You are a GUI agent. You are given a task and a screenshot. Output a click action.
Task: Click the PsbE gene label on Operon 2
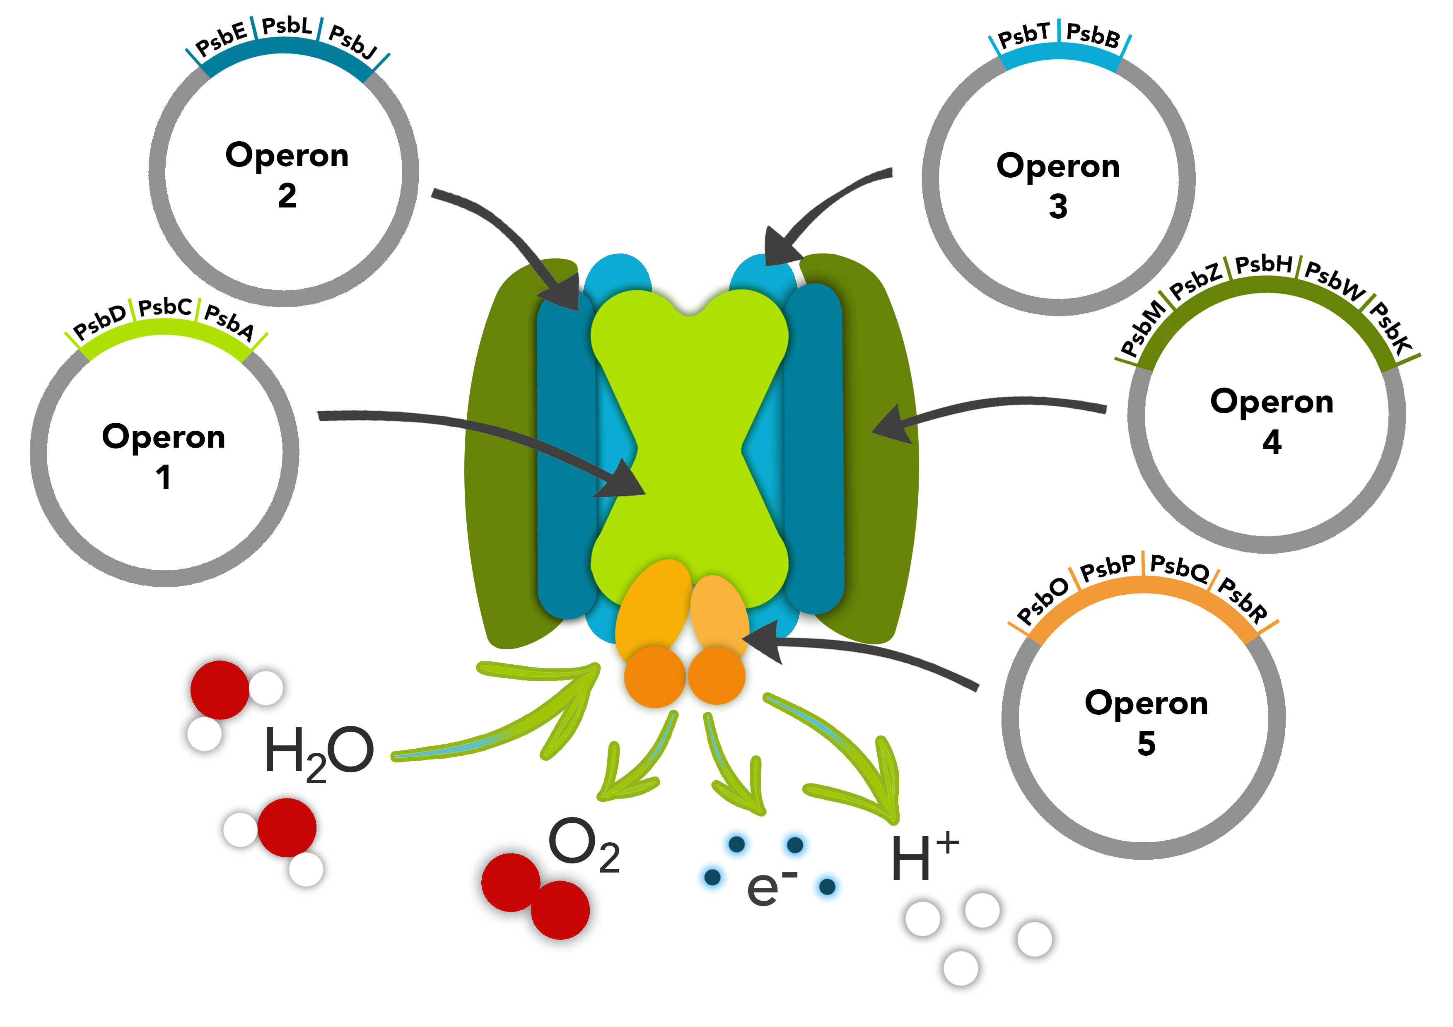221,39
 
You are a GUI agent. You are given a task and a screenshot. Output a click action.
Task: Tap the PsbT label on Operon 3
1023,35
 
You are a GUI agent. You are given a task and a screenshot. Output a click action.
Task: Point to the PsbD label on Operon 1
100,321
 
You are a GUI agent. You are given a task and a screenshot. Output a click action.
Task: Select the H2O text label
319,753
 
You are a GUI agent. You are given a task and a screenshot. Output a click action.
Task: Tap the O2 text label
584,845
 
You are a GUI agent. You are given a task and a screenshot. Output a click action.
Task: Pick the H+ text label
923,857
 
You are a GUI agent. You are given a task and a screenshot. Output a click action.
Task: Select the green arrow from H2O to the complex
506,728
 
